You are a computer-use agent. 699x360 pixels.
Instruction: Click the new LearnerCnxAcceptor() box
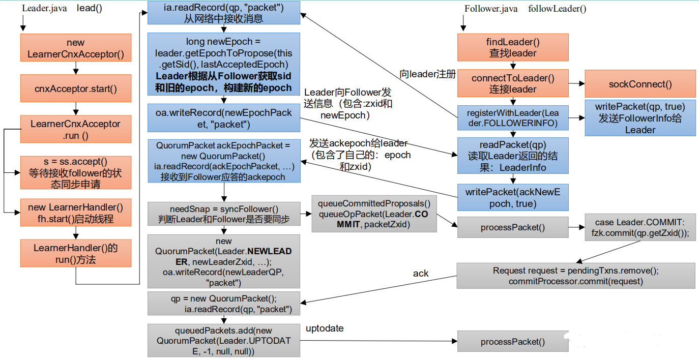76,48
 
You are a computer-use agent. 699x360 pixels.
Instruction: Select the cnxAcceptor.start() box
76,88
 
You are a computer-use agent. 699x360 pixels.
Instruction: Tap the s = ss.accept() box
76,172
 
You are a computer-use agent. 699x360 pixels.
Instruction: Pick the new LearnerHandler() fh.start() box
76,213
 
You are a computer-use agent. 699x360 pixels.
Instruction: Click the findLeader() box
513,47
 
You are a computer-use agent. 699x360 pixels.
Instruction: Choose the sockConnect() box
640,83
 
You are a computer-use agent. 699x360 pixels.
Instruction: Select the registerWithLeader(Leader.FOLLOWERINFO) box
513,118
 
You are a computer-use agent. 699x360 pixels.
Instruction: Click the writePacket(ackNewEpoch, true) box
513,197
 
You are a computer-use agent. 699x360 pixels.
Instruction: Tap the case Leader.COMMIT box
640,227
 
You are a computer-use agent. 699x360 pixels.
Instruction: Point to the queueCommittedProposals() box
374,214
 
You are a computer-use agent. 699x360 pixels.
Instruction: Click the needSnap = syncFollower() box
224,214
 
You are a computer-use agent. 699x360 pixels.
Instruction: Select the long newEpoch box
224,64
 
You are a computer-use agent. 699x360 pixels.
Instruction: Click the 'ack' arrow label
421,274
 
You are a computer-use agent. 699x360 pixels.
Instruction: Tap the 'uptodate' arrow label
325,328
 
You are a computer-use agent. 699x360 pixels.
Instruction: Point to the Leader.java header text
44,8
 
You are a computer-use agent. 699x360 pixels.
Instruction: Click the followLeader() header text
557,9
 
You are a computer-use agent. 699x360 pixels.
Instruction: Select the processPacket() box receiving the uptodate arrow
513,341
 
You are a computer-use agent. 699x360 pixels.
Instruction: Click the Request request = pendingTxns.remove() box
576,276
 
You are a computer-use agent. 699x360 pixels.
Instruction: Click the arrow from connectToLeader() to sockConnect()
577,83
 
